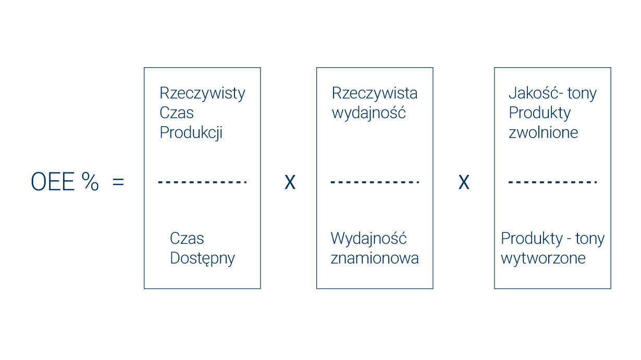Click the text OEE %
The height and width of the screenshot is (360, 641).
click(x=65, y=182)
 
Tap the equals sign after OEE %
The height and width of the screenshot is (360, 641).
click(x=118, y=183)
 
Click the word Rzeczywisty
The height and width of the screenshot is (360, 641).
click(x=202, y=93)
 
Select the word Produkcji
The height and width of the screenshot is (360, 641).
click(x=191, y=133)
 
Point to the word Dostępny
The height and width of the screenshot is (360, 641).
click(x=202, y=258)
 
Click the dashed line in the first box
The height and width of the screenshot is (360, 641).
click(x=202, y=182)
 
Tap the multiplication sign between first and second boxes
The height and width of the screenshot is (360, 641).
click(x=290, y=182)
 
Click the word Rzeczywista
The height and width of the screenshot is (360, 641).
click(x=374, y=93)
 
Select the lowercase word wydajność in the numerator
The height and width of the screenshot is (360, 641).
click(x=368, y=113)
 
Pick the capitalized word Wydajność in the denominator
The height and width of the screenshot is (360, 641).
click(x=368, y=239)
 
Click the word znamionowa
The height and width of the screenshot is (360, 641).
click(x=374, y=258)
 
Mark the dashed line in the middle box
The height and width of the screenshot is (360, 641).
click(x=374, y=182)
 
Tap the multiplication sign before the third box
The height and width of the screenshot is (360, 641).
click(x=463, y=182)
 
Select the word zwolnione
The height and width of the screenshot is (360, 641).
click(x=543, y=133)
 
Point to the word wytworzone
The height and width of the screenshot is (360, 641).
click(x=543, y=258)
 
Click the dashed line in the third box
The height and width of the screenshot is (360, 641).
click(x=552, y=182)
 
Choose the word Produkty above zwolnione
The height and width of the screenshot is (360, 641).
click(x=539, y=113)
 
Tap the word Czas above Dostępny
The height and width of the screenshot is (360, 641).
click(x=187, y=239)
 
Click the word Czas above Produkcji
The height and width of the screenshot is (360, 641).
click(x=176, y=113)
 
